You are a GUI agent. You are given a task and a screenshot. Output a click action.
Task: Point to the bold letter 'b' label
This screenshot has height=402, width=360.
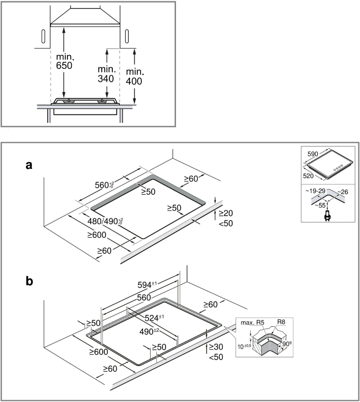click(x=29, y=281)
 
